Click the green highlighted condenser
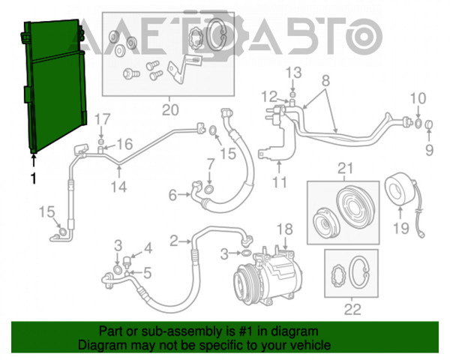coord(55,86)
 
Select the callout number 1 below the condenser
coord(34,178)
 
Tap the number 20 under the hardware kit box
coord(170,109)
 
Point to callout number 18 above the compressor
coord(285,229)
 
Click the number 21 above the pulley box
coord(345,169)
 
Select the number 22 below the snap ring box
coord(352,310)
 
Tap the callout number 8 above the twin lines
coord(325,81)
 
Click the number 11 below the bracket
coord(280,182)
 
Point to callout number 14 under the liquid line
coord(118,187)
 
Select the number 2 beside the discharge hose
coord(174,241)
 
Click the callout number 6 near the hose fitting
coord(172,195)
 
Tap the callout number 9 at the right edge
coord(429,150)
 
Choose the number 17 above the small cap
coord(103,119)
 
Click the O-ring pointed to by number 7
coord(209,189)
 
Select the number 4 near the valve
coord(148,248)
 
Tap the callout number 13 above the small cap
coord(294,73)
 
